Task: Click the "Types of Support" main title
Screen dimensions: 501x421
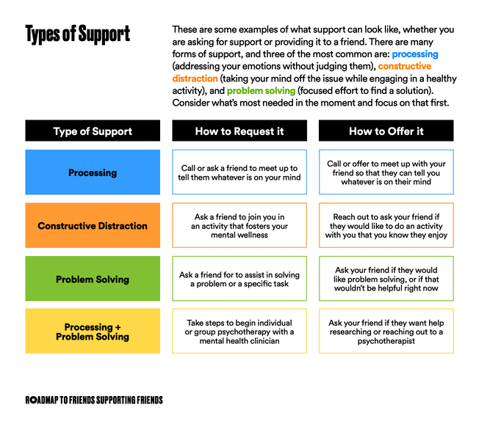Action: (x=78, y=34)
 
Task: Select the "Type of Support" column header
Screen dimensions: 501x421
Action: (x=93, y=131)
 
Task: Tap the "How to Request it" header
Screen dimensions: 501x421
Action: (x=239, y=131)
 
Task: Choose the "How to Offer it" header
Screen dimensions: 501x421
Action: (x=386, y=131)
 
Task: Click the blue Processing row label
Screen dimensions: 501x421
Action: (x=93, y=172)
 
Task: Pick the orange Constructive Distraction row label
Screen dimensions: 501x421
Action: (x=93, y=225)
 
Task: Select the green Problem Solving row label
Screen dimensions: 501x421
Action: (x=93, y=279)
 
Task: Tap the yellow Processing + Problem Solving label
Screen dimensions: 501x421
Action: (x=93, y=331)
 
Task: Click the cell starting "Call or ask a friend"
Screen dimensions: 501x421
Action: (x=239, y=172)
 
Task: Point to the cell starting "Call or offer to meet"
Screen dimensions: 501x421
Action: (x=386, y=172)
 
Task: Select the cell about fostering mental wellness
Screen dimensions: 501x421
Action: (x=239, y=225)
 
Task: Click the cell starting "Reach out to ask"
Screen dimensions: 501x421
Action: (x=386, y=225)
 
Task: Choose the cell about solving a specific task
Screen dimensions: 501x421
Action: (x=239, y=279)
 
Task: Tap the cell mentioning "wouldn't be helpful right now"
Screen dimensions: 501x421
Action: (x=386, y=279)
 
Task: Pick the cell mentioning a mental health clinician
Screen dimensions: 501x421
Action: (x=239, y=331)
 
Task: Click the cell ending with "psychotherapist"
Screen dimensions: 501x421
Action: (x=386, y=331)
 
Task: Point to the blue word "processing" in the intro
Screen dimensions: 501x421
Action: (x=415, y=54)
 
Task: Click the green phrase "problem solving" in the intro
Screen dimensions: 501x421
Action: (x=261, y=91)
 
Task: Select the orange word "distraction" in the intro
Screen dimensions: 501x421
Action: (x=195, y=78)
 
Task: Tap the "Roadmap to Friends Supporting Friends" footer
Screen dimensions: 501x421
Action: (x=94, y=400)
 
